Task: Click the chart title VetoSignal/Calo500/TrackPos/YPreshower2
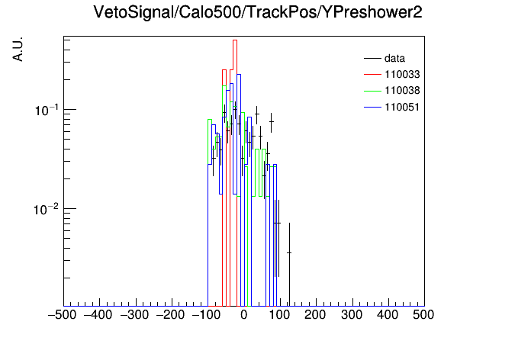pos(258,12)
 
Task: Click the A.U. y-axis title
pos(18,50)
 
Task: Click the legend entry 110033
pos(392,74)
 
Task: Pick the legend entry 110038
pos(392,91)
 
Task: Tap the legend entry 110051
pos(392,107)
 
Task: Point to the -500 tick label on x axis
pos(63,315)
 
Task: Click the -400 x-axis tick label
pos(98,315)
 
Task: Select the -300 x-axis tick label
pos(134,315)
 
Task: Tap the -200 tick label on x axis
pos(170,315)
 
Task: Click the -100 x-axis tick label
pos(206,315)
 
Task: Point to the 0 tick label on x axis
pos(244,315)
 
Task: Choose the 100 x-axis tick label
pos(279,315)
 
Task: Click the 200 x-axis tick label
pos(315,315)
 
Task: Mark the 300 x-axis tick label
pos(352,315)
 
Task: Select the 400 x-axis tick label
pos(388,315)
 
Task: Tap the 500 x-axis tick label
pos(423,315)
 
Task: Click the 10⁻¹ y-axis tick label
pos(47,110)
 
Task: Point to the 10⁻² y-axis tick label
pos(47,209)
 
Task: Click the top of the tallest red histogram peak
pos(235,40)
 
